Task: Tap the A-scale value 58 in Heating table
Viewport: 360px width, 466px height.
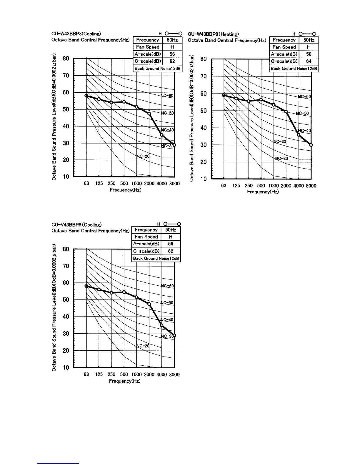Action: [309, 54]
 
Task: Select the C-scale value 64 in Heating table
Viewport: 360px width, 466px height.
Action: [309, 61]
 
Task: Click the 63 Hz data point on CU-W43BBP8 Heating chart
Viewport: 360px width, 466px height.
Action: [224, 95]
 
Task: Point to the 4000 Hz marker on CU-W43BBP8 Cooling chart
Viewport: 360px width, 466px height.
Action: [161, 135]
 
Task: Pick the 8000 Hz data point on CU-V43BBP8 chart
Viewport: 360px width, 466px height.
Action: [174, 335]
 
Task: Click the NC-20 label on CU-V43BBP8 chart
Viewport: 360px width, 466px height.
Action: [143, 346]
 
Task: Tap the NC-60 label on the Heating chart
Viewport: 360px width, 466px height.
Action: [305, 96]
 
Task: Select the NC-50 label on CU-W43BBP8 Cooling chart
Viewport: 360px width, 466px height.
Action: [168, 113]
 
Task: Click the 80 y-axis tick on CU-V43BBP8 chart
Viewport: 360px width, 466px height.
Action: [66, 249]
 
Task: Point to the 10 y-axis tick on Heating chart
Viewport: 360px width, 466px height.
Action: [203, 179]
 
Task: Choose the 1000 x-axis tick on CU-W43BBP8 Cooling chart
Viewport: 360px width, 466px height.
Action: [136, 183]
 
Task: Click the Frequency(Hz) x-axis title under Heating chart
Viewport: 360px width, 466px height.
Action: [263, 192]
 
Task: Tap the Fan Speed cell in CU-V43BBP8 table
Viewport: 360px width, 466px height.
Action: [146, 237]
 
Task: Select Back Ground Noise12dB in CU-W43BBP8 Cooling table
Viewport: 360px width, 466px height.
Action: [157, 69]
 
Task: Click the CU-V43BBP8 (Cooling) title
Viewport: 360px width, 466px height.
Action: [76, 225]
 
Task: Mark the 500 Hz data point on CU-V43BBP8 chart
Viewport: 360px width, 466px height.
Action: [124, 292]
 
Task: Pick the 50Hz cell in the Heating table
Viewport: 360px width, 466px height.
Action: [309, 40]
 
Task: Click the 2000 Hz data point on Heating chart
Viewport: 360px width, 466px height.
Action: [286, 111]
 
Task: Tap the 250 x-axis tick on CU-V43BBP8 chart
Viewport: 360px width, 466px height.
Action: [111, 375]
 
